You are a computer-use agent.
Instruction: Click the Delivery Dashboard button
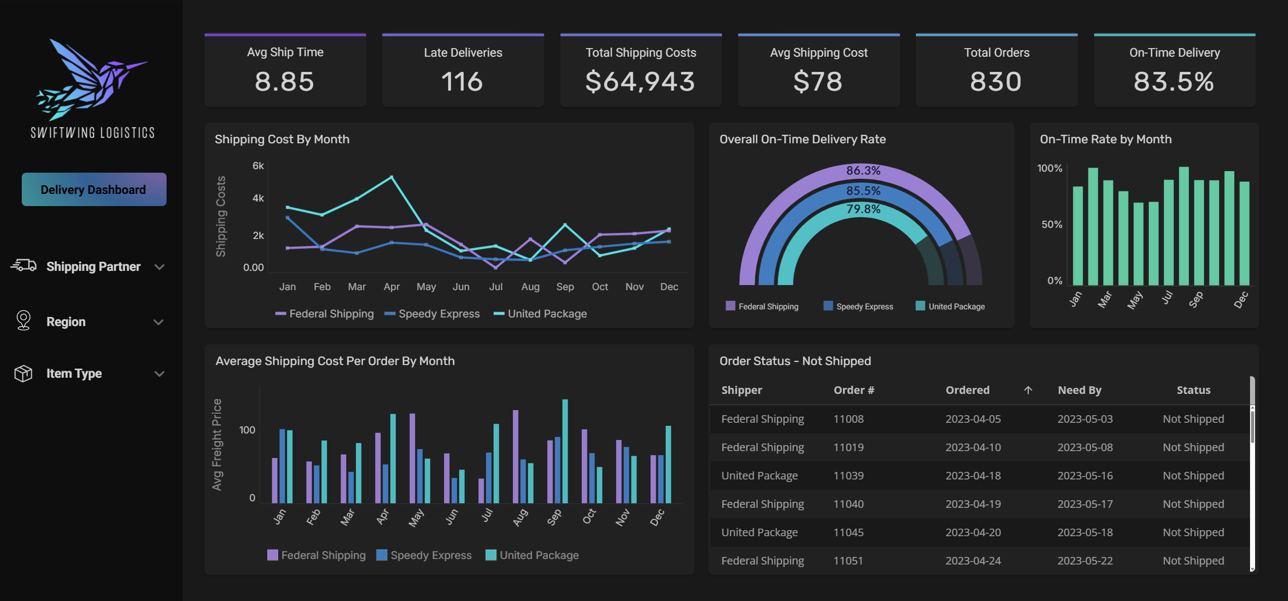click(94, 189)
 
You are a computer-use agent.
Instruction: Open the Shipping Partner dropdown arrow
click(159, 267)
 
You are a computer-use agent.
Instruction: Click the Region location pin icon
click(23, 320)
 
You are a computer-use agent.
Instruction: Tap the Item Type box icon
click(23, 374)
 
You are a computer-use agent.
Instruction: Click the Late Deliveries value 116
click(462, 82)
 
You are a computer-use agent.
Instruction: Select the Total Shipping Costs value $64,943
click(640, 82)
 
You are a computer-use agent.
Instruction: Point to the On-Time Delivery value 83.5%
click(1174, 82)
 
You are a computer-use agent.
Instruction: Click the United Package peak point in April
click(391, 177)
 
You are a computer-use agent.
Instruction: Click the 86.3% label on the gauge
click(863, 171)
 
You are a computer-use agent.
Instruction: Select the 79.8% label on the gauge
click(863, 209)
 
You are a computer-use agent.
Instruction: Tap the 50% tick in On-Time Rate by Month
click(1052, 224)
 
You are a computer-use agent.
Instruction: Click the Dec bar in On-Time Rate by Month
click(1244, 233)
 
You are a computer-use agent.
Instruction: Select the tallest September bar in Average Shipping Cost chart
click(565, 451)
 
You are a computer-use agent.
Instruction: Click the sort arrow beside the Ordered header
click(1028, 390)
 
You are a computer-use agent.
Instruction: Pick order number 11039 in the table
click(849, 475)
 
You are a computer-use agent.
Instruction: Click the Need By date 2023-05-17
click(1085, 504)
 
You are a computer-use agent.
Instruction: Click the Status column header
click(1193, 390)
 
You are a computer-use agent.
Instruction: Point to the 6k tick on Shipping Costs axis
click(258, 166)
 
